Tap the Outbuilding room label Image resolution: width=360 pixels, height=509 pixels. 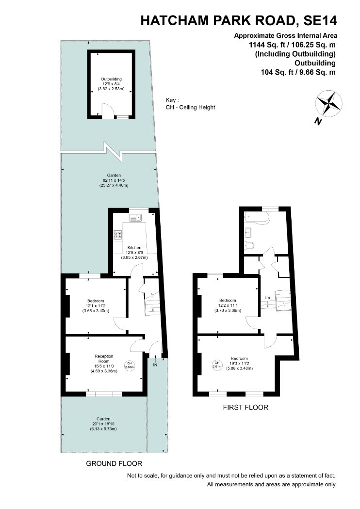tap(111, 79)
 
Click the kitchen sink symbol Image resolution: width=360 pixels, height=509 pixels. tap(136, 217)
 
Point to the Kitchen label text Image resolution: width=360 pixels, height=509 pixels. tap(134, 248)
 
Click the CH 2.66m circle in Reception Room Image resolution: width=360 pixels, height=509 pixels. tap(130, 365)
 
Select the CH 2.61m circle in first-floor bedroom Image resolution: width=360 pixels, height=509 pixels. tap(217, 365)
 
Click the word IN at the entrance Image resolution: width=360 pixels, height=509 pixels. tap(155, 365)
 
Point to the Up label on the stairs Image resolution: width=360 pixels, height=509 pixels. tap(267, 298)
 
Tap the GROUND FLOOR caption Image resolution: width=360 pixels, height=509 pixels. tap(114, 463)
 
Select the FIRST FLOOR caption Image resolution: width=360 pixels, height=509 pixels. tap(245, 407)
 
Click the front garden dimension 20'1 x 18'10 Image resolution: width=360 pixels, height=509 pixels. tap(103, 424)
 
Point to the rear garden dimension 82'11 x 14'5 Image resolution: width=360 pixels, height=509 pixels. tap(114, 180)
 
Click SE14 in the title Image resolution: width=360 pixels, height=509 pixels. tap(320, 21)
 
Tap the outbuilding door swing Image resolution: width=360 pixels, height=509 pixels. tap(107, 109)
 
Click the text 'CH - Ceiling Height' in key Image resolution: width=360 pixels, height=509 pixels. tap(190, 108)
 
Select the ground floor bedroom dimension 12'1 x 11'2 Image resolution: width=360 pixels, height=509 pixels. tap(96, 306)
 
